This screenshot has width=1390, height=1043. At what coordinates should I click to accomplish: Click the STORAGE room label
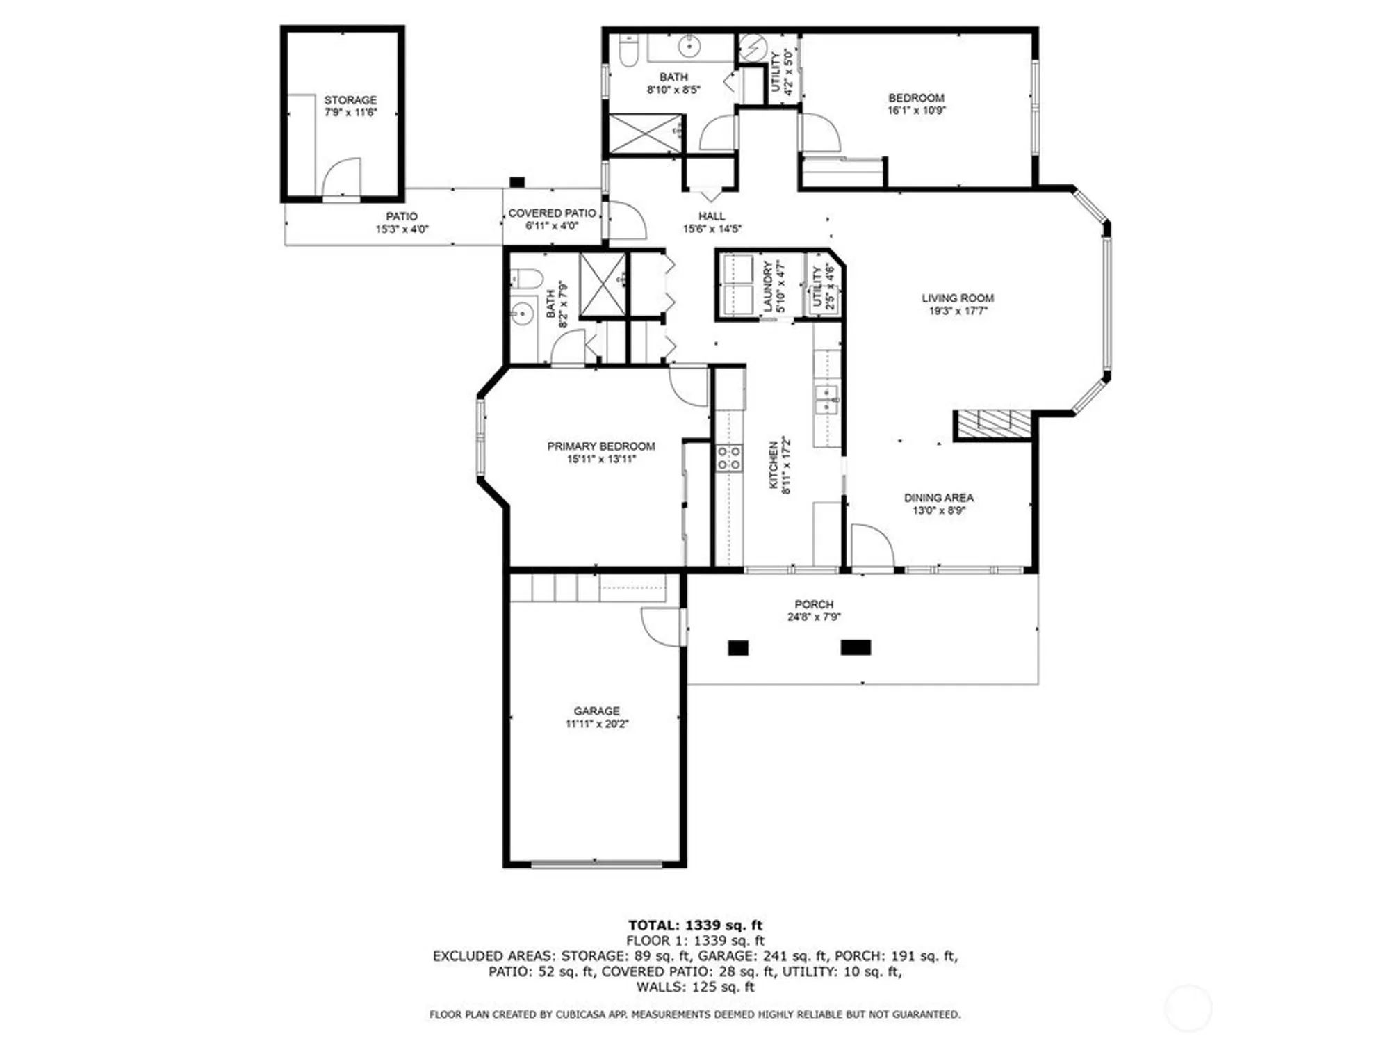click(350, 100)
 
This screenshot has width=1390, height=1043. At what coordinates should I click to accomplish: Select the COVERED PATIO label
click(552, 213)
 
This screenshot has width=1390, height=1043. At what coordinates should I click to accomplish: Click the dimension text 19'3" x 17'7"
click(958, 311)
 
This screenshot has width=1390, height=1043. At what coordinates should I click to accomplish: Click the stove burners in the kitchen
click(729, 459)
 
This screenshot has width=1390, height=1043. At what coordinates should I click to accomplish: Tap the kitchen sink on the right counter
click(826, 400)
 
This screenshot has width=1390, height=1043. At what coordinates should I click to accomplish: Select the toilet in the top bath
click(628, 52)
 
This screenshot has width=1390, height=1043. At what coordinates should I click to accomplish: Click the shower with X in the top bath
click(645, 134)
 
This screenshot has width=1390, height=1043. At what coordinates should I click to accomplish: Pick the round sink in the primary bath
click(521, 315)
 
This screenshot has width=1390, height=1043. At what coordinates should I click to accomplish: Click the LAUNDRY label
click(768, 286)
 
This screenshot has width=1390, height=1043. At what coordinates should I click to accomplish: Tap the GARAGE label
click(596, 711)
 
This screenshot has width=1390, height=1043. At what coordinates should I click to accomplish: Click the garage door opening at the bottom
click(596, 864)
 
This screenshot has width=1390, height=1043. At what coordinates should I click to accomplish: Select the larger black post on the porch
click(856, 647)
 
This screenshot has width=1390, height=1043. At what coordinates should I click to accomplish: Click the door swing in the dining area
click(871, 547)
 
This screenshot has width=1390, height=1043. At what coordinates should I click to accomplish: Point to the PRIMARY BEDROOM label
click(600, 446)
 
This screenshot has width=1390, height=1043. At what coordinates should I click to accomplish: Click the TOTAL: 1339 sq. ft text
click(695, 925)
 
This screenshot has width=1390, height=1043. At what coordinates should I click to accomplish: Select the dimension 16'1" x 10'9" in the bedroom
click(916, 110)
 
